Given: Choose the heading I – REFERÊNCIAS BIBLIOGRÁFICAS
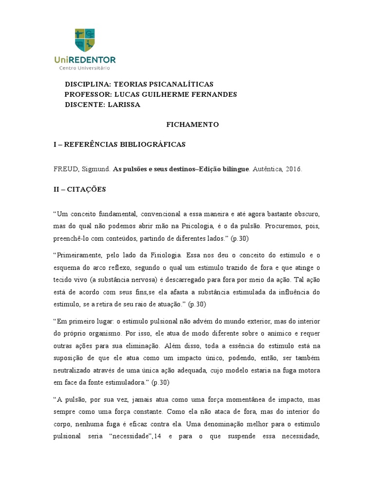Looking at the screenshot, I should tap(119, 144).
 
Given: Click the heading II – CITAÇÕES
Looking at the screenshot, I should tap(80, 189).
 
